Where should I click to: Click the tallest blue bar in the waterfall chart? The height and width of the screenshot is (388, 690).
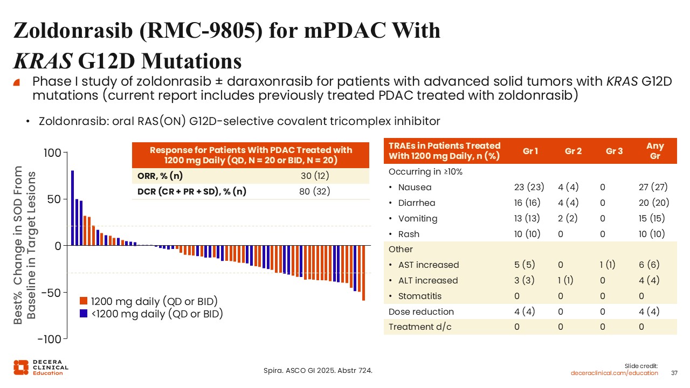pos(73,208)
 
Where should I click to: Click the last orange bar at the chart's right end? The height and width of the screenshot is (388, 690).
pos(363,273)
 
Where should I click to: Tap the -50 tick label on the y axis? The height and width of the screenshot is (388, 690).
pos(51,293)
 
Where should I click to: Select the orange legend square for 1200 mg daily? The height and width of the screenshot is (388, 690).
pos(84,301)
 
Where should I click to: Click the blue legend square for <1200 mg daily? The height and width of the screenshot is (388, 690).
pos(84,314)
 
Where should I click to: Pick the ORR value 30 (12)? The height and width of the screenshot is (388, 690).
pos(315,176)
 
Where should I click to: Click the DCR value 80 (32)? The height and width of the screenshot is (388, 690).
pos(314,191)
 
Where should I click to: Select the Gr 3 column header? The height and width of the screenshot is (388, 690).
pos(614,151)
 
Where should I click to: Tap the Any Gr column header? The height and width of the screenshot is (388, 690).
pos(655,151)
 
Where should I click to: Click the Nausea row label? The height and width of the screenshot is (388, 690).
pos(415,187)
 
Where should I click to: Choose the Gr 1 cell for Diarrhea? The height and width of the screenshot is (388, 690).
pos(527,203)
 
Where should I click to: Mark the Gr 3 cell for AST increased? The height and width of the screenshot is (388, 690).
pos(608,265)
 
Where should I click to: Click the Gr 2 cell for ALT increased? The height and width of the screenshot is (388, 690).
pos(565,280)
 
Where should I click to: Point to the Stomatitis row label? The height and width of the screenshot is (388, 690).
pos(420,296)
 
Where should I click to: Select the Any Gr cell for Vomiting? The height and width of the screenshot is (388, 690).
pos(652,218)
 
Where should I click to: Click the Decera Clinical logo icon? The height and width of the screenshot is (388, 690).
pos(21,368)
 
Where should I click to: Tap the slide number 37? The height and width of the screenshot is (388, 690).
pos(674,373)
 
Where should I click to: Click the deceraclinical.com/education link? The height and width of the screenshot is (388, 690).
pos(614,373)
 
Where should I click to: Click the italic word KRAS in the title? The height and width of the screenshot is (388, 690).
pos(43,61)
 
